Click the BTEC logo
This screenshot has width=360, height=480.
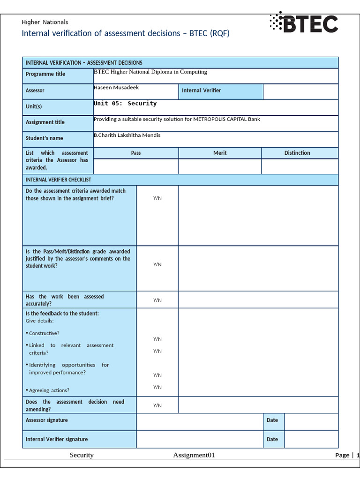point(304,23)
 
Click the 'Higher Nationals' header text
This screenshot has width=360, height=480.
point(45,22)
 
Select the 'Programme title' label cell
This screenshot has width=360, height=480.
point(45,74)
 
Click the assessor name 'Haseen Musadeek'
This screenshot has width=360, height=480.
point(116,88)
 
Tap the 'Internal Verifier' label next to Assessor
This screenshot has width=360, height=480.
point(201,90)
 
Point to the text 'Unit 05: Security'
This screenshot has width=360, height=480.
point(125,104)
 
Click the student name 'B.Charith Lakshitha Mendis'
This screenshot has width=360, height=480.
point(127,135)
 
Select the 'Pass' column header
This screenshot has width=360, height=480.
point(136,153)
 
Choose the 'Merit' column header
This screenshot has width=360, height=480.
point(220,153)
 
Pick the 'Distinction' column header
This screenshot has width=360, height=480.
point(297,153)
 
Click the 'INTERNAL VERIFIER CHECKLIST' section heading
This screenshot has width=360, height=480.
point(58,180)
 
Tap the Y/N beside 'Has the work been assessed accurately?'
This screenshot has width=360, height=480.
point(157,300)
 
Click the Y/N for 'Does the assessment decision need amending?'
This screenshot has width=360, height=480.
point(157,405)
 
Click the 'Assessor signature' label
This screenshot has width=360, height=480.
point(46,420)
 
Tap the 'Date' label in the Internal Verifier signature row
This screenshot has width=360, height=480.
point(272,439)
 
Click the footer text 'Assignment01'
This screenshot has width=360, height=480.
point(194,455)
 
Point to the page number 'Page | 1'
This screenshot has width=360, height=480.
point(347,455)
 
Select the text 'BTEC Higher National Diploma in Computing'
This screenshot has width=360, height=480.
point(150,72)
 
